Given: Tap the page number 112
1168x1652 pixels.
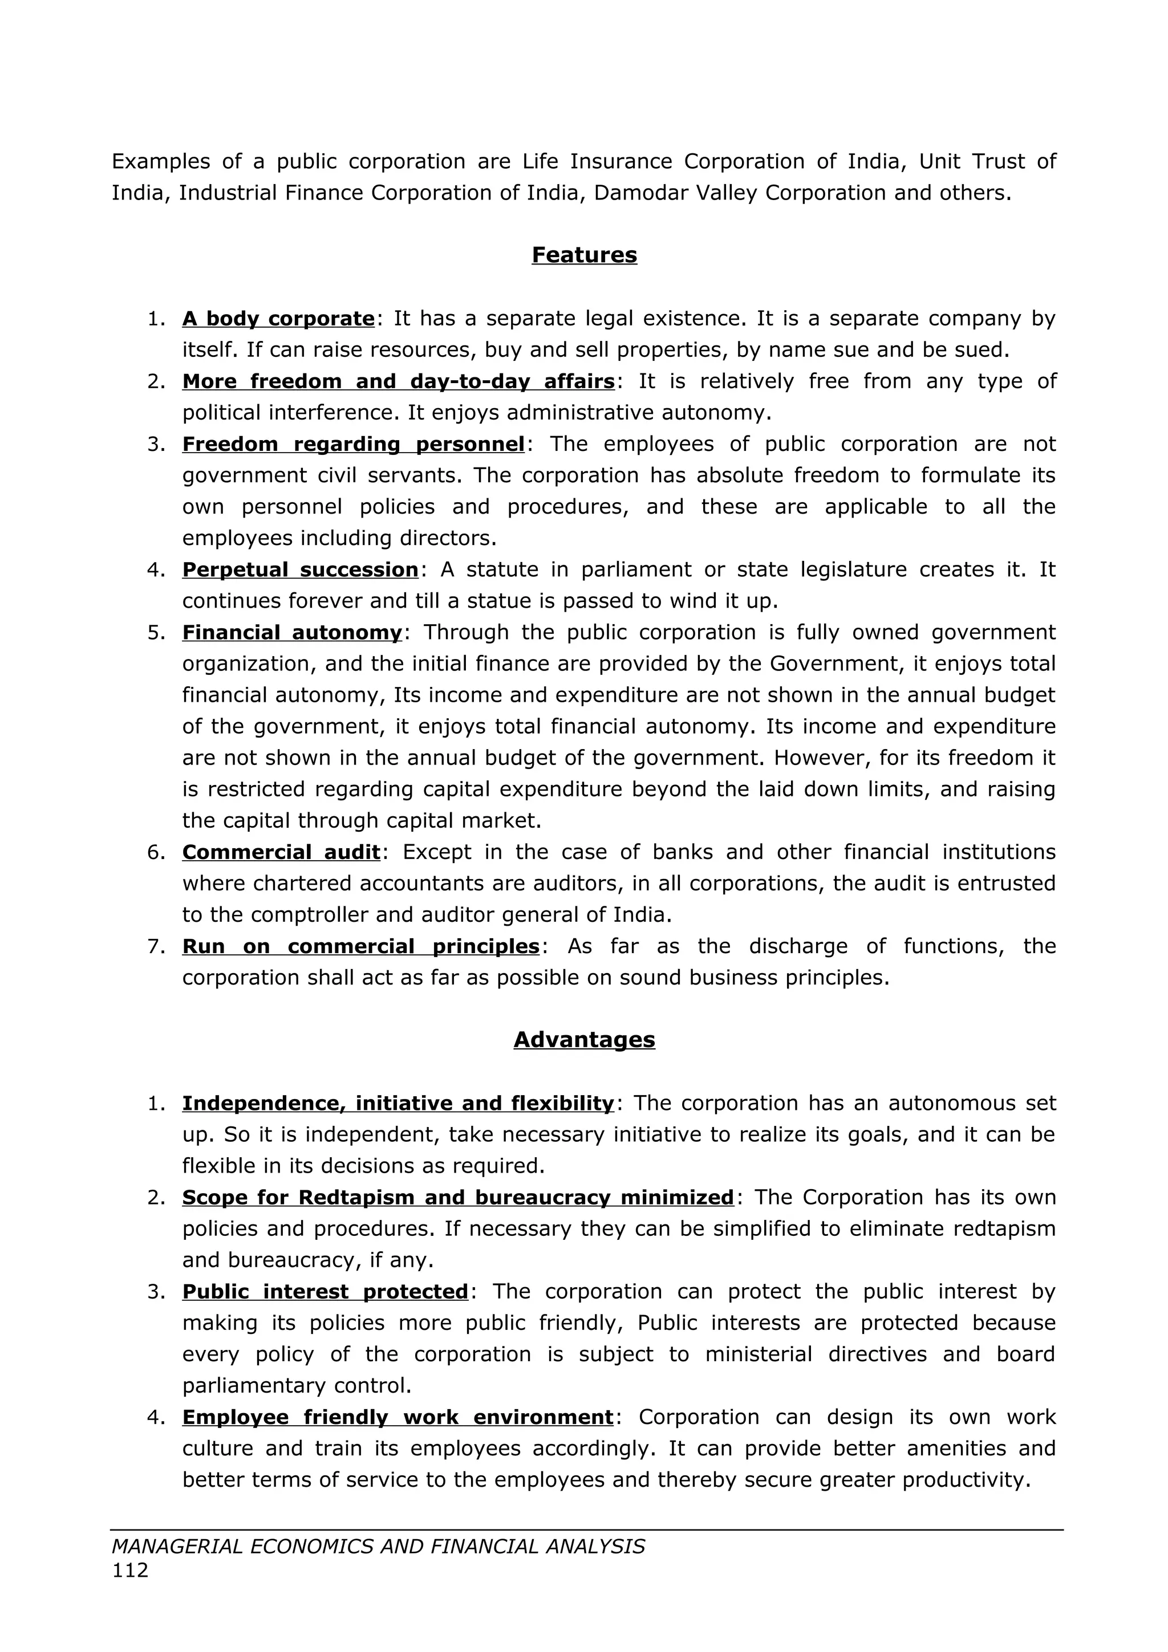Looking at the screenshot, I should (x=130, y=1570).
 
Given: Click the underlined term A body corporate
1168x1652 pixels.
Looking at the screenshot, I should (x=278, y=318).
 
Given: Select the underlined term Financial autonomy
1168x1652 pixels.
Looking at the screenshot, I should (x=292, y=632).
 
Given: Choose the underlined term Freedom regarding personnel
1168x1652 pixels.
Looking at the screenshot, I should (x=354, y=444).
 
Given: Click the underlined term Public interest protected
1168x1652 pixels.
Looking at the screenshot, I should (x=325, y=1292).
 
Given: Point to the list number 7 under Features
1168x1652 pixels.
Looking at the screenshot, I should (x=156, y=946).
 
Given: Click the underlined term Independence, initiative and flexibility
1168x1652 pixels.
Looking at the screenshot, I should (x=398, y=1103).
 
